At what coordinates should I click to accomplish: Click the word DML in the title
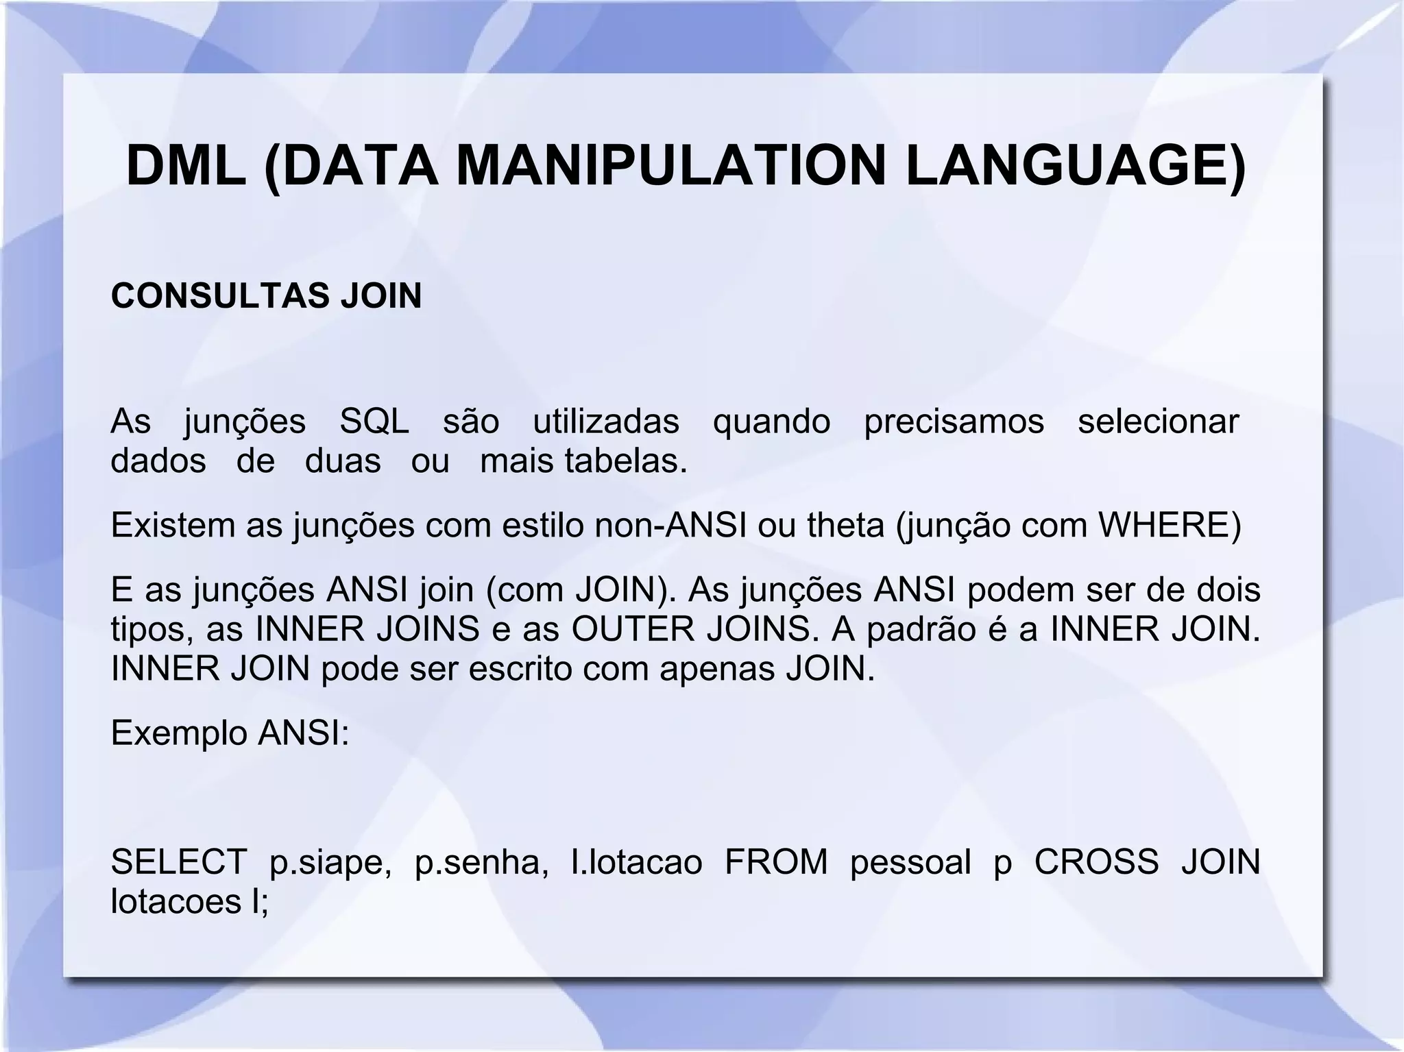(x=186, y=167)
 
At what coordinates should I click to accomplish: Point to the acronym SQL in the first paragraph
(x=374, y=421)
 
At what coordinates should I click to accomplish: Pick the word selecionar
(x=1158, y=421)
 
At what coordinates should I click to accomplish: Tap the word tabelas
(x=625, y=461)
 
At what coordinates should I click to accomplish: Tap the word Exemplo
(x=179, y=734)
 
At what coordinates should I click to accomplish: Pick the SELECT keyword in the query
(x=179, y=861)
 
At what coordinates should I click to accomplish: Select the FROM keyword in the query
(x=776, y=861)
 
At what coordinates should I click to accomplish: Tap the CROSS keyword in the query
(x=1096, y=861)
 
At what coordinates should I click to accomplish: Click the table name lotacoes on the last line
(x=176, y=901)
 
